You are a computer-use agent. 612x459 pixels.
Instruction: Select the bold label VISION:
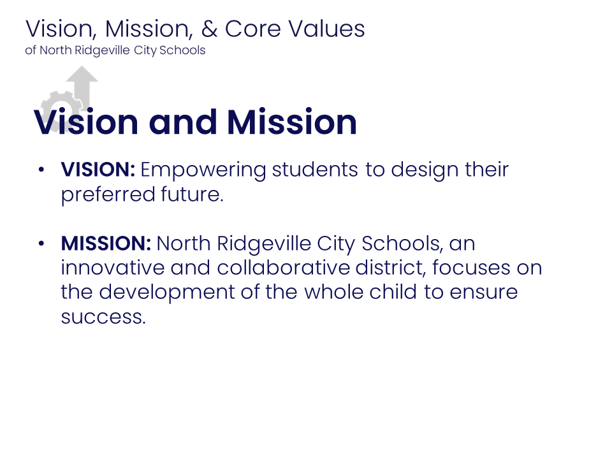pos(98,170)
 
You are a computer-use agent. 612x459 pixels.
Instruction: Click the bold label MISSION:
pos(106,244)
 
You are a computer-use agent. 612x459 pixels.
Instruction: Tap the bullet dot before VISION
pos(41,170)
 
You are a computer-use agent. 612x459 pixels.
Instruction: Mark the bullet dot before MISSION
pos(41,244)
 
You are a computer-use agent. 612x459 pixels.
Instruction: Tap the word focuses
pos(469,268)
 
